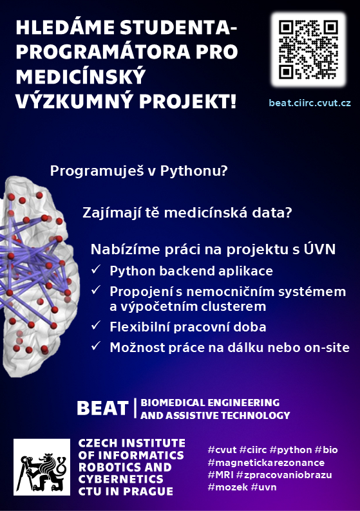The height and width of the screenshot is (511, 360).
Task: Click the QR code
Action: click(x=308, y=50)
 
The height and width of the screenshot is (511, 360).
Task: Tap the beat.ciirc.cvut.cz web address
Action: click(x=310, y=103)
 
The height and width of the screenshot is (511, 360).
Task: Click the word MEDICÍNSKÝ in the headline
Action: click(x=81, y=76)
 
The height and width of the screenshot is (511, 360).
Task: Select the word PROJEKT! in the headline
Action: click(x=188, y=101)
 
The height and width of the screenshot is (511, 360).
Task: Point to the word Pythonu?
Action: click(x=194, y=171)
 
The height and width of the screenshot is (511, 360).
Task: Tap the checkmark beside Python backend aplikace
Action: click(x=96, y=270)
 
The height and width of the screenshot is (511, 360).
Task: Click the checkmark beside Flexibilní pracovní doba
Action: click(x=96, y=325)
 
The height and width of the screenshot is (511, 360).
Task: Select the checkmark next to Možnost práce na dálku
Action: click(x=96, y=346)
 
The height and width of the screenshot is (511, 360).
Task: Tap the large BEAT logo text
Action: click(x=102, y=408)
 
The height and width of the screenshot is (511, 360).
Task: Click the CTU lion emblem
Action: click(x=42, y=467)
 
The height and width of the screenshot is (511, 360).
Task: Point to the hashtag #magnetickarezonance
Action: click(x=266, y=463)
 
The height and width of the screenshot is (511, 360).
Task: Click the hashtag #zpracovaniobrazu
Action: click(x=284, y=475)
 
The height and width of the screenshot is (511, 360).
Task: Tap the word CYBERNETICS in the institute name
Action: click(x=120, y=479)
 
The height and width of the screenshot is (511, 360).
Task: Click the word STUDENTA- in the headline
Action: click(x=178, y=28)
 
